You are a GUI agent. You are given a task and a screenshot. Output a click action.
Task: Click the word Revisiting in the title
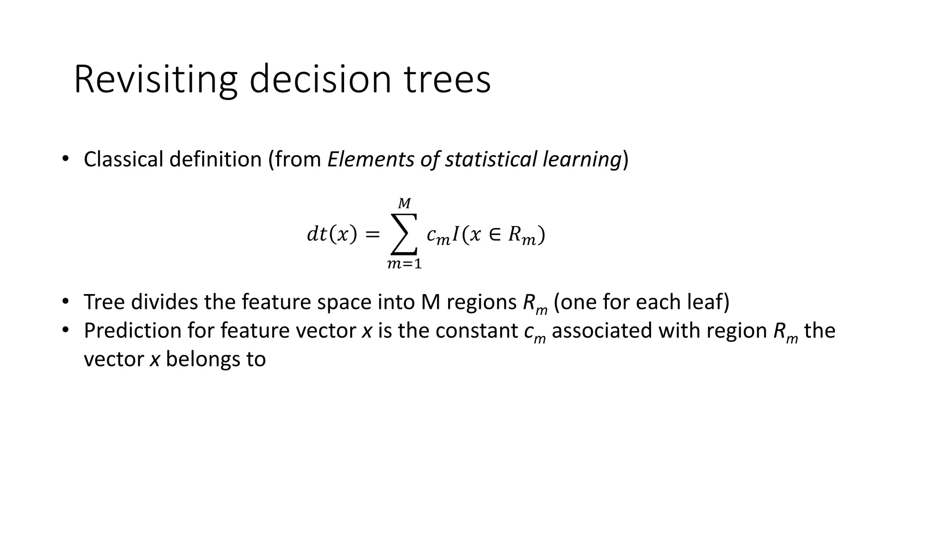[x=155, y=80]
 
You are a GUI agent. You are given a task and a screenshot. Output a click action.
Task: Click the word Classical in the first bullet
[x=123, y=159]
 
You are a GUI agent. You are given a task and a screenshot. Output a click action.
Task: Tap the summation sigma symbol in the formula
[x=404, y=234]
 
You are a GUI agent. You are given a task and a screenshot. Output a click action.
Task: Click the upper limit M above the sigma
[x=404, y=203]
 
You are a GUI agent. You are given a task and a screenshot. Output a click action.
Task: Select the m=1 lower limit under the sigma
[x=404, y=264]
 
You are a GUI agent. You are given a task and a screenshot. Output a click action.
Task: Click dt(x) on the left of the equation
[x=332, y=234]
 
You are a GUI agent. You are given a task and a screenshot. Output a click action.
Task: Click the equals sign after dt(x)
[x=372, y=235]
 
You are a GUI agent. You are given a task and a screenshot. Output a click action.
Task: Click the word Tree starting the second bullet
[x=104, y=302]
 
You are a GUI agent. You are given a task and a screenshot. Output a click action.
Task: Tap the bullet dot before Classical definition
[x=65, y=159]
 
